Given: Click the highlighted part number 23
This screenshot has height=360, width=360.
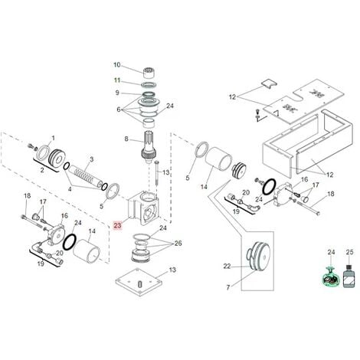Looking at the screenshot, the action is pos(117,225).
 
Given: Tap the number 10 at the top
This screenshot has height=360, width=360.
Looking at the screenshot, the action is pos(117,64).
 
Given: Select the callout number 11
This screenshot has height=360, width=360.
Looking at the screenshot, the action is pos(117,80).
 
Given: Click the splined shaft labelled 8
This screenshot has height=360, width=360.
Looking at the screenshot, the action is pos(148,147).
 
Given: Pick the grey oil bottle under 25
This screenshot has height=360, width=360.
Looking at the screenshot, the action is pos(349,277).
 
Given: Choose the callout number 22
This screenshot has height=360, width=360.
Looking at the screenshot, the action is pos(227,266).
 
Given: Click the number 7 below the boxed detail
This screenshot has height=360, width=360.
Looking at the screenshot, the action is pos(228,288).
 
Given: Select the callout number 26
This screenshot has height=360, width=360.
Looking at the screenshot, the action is pos(178,244).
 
